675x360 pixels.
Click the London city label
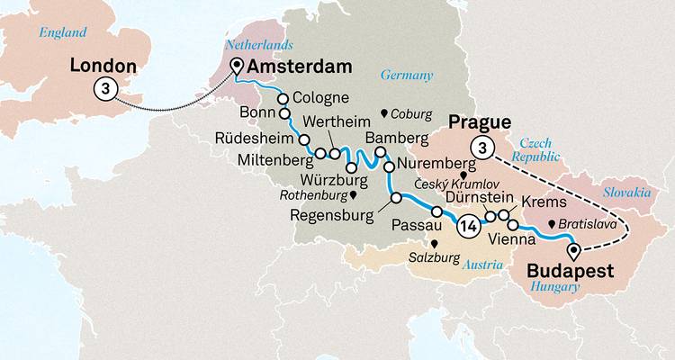coord(103,67)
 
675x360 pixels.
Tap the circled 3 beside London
coord(104,89)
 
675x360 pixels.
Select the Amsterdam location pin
coord(237,66)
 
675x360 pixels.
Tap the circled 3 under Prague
coord(484,148)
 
